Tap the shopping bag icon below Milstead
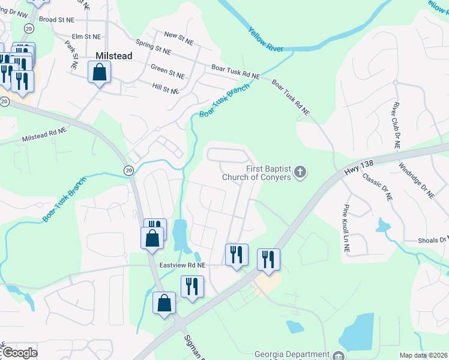(x=100, y=73)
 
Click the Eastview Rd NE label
(x=182, y=265)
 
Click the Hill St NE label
(x=166, y=89)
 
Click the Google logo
(x=19, y=353)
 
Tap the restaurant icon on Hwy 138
(x=268, y=259)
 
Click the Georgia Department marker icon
(x=340, y=355)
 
